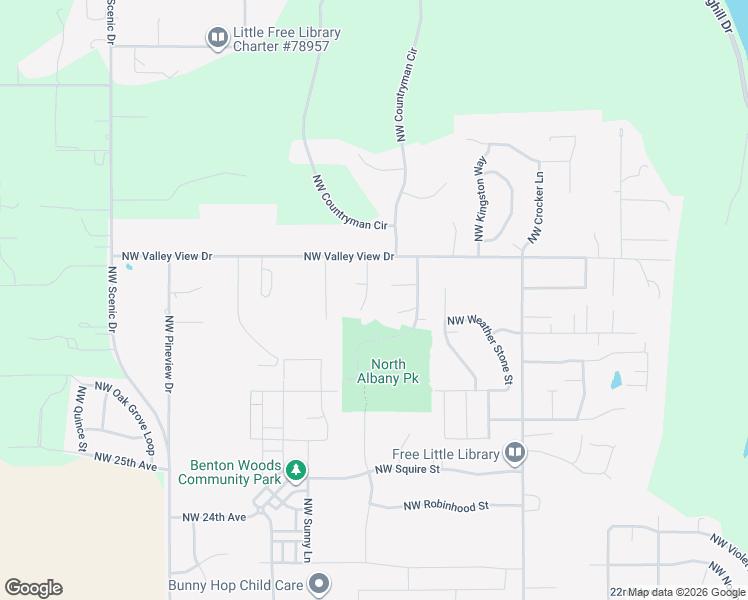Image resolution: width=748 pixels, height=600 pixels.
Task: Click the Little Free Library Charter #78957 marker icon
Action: point(218,39)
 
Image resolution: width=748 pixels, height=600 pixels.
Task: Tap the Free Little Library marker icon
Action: point(515,454)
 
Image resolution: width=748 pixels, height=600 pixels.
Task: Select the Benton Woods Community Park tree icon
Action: point(296,470)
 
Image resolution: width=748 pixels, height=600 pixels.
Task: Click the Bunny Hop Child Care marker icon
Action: point(319,583)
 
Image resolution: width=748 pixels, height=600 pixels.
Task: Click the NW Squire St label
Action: point(407,469)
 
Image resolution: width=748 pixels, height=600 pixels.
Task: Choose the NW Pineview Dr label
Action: point(170,353)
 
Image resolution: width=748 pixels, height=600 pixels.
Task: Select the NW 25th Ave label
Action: point(126,462)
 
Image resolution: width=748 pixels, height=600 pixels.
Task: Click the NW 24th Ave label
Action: point(214,518)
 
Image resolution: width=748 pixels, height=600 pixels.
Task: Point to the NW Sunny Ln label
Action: point(309,531)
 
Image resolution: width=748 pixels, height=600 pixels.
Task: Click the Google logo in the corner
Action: point(33,588)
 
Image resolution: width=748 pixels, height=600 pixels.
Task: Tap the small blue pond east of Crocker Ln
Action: point(616,380)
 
